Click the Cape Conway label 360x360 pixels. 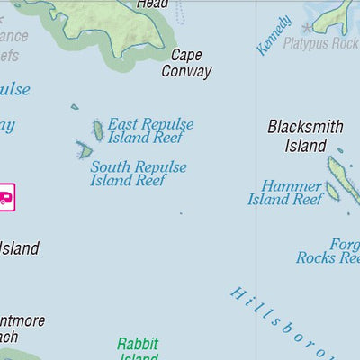[x=186, y=63]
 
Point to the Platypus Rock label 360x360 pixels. [x=320, y=43]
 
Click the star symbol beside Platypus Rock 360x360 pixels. [x=310, y=29]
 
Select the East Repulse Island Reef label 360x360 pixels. [x=150, y=131]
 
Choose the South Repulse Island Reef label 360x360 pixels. [x=138, y=174]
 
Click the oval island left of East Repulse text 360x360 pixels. [x=97, y=130]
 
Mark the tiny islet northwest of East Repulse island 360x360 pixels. [x=75, y=107]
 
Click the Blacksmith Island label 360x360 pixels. [x=305, y=136]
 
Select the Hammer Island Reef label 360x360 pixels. [x=291, y=193]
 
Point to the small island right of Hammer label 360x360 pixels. [x=332, y=191]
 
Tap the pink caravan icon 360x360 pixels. [x=4, y=195]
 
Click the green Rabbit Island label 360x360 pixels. [x=138, y=349]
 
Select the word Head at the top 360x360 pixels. [x=152, y=4]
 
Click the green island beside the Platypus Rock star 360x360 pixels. [x=338, y=13]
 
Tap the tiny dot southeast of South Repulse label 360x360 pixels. [x=180, y=213]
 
